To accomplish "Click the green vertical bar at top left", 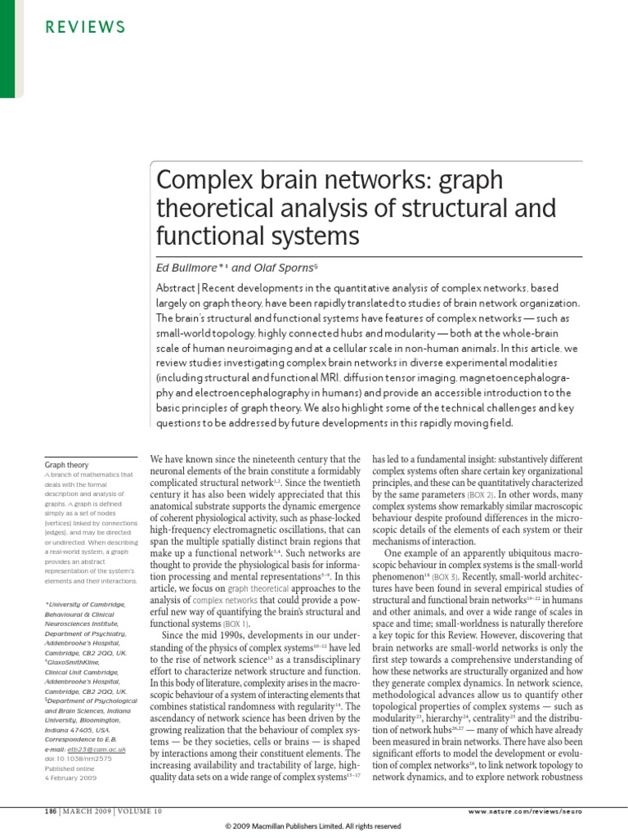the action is [x=7, y=49].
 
